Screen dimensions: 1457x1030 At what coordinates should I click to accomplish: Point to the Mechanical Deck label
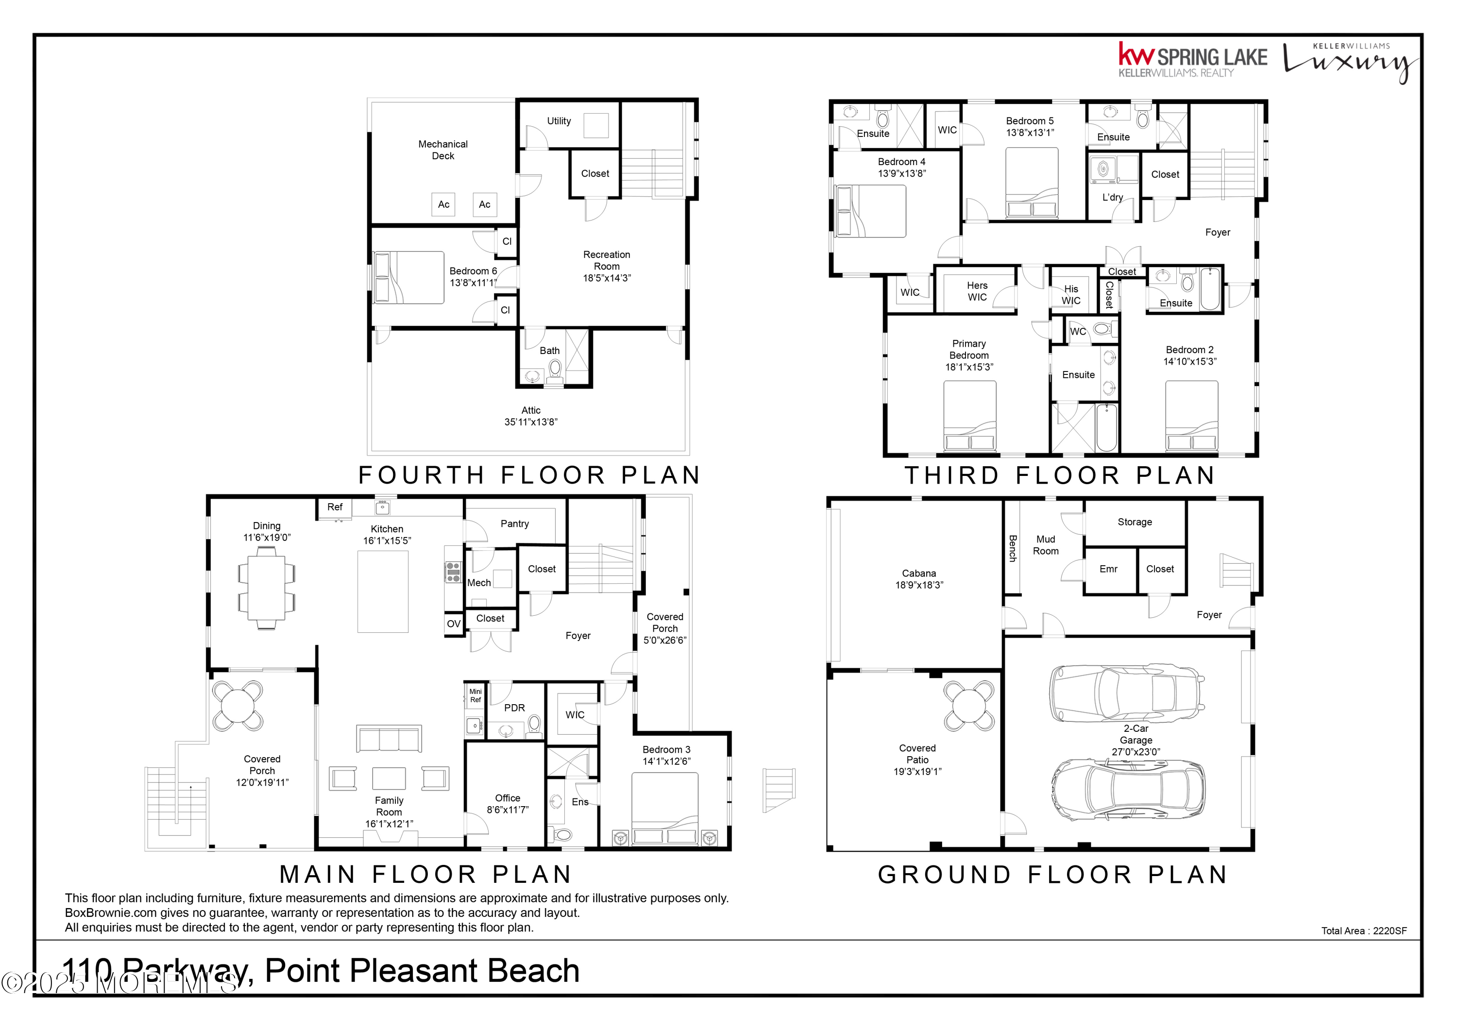coord(443,150)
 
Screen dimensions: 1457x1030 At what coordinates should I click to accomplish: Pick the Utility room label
coord(559,120)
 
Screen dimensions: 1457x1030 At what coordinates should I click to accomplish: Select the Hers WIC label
coord(977,291)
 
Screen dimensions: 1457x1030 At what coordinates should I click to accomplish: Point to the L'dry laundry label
coord(1113,197)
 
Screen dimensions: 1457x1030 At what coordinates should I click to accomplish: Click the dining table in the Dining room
coord(267,588)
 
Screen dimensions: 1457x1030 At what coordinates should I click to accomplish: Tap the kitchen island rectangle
coord(383,591)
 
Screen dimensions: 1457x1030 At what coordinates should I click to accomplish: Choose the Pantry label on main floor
coord(515,523)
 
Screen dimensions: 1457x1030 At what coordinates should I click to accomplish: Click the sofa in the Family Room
coord(389,739)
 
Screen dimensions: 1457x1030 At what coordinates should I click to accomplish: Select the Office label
coord(508,798)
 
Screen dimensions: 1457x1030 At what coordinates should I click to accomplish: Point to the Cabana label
coord(919,573)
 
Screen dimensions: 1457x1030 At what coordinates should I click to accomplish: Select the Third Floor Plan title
coord(1059,475)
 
